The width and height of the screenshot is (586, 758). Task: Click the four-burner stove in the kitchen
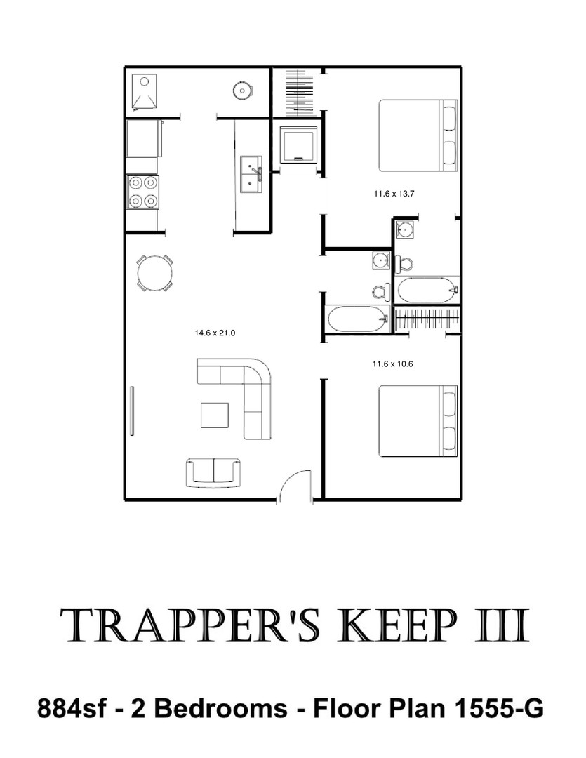[142, 192]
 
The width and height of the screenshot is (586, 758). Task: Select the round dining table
[154, 272]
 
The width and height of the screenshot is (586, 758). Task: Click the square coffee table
[215, 415]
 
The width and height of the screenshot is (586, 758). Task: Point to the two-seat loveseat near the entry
[214, 473]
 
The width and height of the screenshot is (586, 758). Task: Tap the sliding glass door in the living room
[132, 410]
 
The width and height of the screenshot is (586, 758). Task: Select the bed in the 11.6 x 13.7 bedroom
[418, 135]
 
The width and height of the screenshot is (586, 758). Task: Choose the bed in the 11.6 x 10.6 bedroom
[418, 421]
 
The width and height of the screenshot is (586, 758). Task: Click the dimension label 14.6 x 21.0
[215, 333]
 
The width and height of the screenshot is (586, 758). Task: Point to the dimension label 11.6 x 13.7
[394, 194]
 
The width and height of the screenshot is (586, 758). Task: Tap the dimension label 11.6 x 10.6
[392, 364]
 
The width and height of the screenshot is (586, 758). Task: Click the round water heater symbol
[241, 90]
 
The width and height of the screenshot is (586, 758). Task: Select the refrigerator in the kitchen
[143, 138]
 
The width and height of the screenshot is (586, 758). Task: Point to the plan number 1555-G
[498, 709]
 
